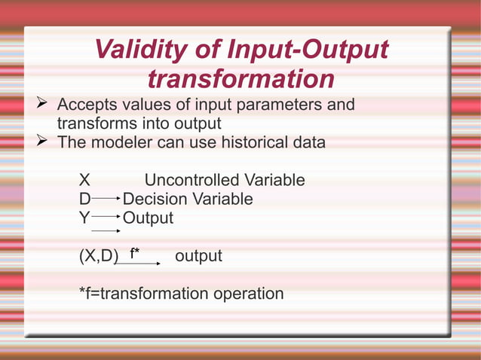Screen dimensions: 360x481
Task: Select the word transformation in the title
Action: (x=240, y=78)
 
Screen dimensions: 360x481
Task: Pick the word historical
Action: (x=247, y=142)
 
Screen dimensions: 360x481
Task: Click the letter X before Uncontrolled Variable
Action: (x=85, y=181)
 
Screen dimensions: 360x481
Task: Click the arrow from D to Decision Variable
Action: (x=106, y=199)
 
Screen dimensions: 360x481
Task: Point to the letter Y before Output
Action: (x=85, y=218)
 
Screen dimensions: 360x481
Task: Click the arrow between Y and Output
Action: (x=106, y=218)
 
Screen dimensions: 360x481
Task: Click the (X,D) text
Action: (x=99, y=257)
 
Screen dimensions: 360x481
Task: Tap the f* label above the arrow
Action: (x=134, y=254)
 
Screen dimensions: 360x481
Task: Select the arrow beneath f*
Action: (x=139, y=264)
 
